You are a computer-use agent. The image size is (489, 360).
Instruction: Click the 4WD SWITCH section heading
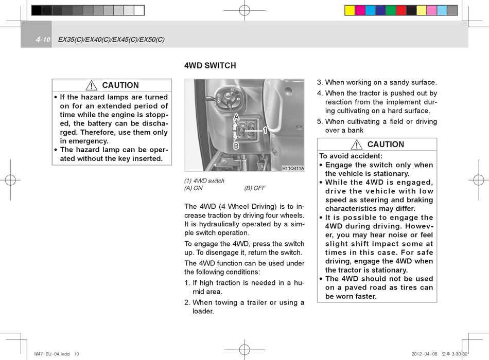click(x=210, y=65)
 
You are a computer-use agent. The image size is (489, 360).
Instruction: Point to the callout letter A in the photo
click(x=236, y=117)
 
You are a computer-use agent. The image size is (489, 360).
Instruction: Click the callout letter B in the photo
click(x=236, y=146)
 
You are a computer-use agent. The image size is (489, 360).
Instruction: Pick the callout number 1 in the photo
click(x=265, y=131)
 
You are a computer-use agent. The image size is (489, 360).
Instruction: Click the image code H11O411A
click(x=293, y=168)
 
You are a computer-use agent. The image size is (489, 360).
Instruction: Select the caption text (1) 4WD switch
click(x=204, y=181)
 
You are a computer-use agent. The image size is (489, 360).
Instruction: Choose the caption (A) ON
click(x=194, y=188)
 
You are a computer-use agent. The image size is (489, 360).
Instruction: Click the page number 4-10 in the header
click(x=43, y=40)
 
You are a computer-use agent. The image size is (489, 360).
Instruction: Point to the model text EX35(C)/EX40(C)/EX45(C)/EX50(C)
click(x=111, y=40)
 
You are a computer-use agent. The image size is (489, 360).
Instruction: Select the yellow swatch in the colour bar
click(x=350, y=10)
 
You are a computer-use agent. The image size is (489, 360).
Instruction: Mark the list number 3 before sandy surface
click(x=319, y=82)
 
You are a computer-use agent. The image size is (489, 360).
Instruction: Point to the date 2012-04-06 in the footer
click(x=424, y=354)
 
